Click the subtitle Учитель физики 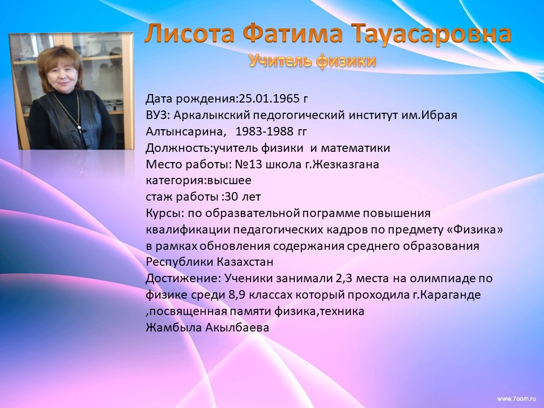click(x=313, y=61)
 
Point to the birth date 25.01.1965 click(x=269, y=99)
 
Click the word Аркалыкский click(x=212, y=116)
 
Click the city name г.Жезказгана click(x=342, y=164)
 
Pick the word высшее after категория click(x=229, y=181)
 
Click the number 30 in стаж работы click(x=232, y=197)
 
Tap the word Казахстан click(x=245, y=262)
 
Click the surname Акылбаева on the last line click(x=237, y=328)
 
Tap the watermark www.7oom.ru click(x=517, y=399)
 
